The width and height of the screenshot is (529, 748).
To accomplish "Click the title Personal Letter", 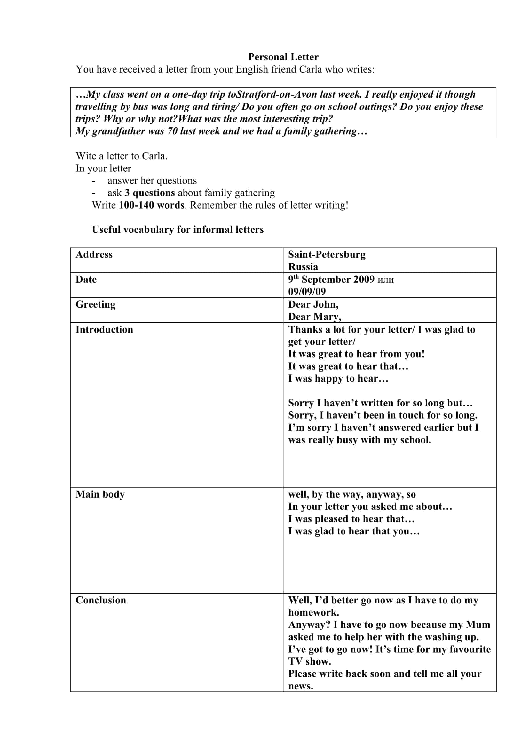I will tap(283, 57).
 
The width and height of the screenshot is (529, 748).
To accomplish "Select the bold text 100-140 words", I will tap(152, 205).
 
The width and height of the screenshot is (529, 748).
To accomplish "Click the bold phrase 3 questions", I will tap(149, 193).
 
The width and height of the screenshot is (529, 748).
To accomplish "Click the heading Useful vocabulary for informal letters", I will tap(178, 230).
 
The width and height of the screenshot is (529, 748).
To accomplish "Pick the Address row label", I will tap(94, 255).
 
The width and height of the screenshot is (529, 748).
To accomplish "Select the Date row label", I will tap(86, 280).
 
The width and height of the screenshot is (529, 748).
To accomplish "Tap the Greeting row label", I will tap(95, 304).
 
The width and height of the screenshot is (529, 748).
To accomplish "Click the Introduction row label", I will tap(104, 329).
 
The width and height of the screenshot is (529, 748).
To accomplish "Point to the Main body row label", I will tap(100, 494).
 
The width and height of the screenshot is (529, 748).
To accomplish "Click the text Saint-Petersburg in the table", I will tap(327, 255).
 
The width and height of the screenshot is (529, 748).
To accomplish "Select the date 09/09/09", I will tap(307, 292).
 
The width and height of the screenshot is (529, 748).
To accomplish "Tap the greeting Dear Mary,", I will tap(315, 317).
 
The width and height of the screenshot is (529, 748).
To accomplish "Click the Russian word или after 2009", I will tap(385, 280).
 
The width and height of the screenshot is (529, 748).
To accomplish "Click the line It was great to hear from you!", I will tap(356, 354).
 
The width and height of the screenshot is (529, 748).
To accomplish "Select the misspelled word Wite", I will tap(86, 156).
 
